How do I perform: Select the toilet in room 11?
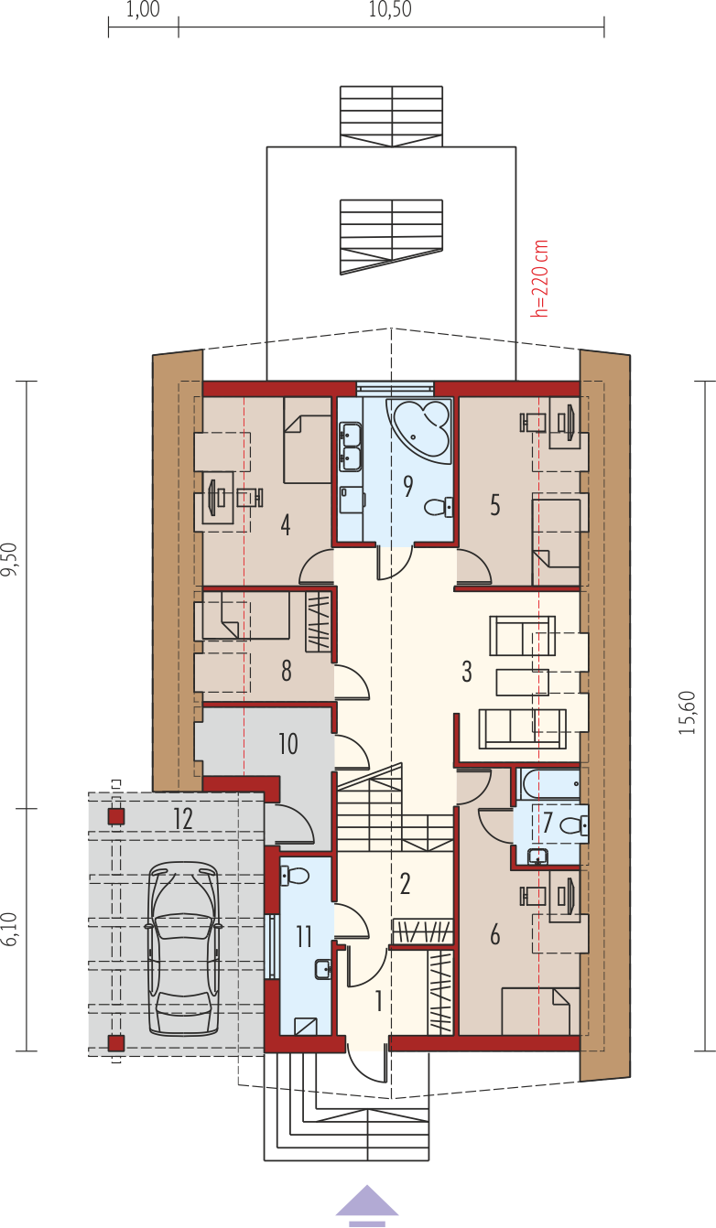click(x=295, y=876)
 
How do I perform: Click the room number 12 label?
click(x=183, y=819)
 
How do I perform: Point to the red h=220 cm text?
click(x=540, y=278)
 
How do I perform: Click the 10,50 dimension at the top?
click(x=390, y=10)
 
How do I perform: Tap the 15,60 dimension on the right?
click(x=687, y=713)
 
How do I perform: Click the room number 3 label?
click(x=467, y=671)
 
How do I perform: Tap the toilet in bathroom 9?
click(x=439, y=506)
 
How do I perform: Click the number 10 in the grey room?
click(x=288, y=744)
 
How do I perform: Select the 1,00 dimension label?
click(x=143, y=10)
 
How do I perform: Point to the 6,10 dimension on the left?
click(x=10, y=929)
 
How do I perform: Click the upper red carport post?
click(x=115, y=817)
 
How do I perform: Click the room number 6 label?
click(x=495, y=934)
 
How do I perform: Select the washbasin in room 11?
click(x=323, y=969)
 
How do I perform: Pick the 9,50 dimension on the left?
click(x=10, y=558)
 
